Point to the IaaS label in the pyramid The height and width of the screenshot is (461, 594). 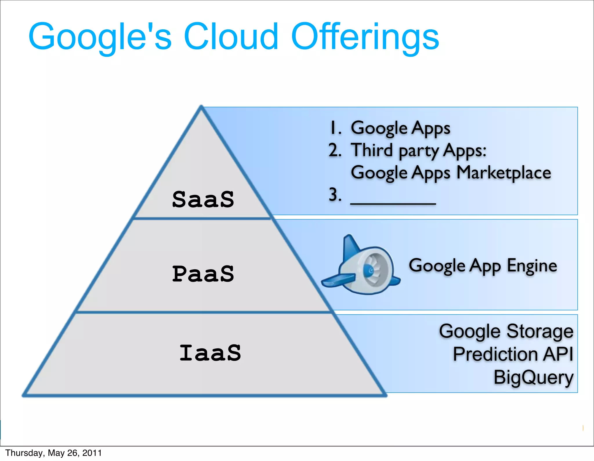(210, 353)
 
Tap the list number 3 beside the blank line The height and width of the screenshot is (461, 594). (335, 194)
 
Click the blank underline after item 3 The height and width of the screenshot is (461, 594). (393, 203)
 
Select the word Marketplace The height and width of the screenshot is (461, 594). (504, 173)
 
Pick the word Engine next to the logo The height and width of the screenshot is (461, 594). (532, 266)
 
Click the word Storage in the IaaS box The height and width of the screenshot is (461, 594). (540, 331)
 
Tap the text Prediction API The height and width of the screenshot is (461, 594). (513, 354)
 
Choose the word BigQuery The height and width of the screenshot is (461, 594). (533, 377)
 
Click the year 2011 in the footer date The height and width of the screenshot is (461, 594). (92, 453)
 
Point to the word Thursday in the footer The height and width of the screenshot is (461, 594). (24, 453)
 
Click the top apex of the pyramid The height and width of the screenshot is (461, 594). (201, 107)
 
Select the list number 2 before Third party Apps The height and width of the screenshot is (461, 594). (335, 150)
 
